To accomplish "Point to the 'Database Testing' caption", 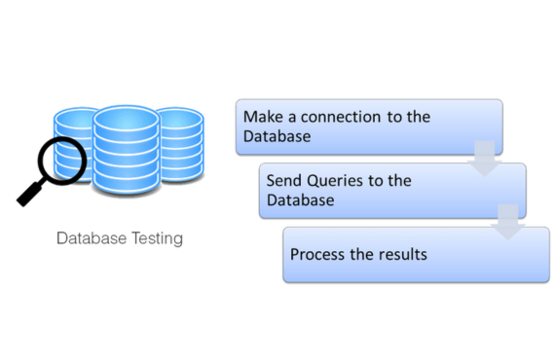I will point(119,238).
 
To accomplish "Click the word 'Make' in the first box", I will point(263,117).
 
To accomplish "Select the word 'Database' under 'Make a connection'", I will point(277,136).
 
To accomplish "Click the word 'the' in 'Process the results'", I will point(362,255).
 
